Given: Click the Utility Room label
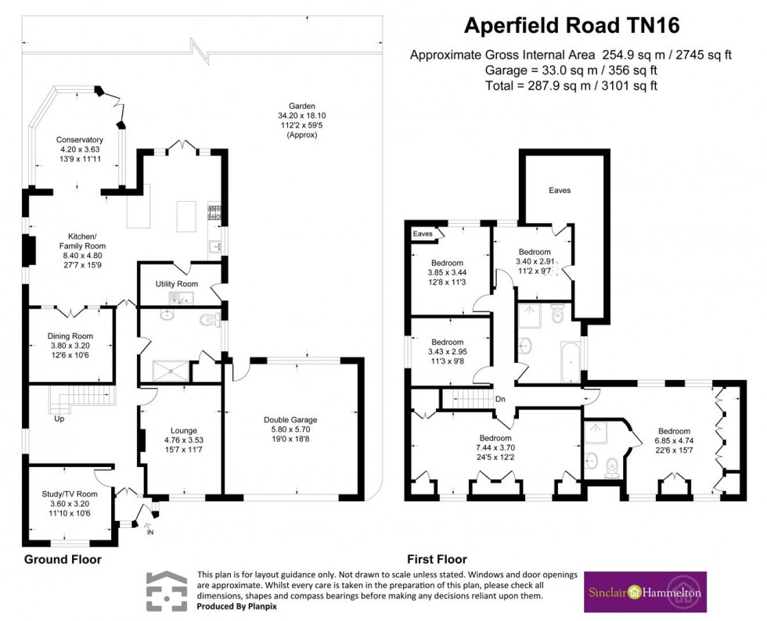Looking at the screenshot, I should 177,284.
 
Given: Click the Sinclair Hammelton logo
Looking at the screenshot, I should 646,591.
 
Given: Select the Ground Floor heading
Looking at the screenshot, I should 63,559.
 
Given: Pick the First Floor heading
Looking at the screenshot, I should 437,559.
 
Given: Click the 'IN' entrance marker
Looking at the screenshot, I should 151,532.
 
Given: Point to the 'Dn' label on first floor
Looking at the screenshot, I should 500,398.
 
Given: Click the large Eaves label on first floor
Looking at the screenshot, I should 559,189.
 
